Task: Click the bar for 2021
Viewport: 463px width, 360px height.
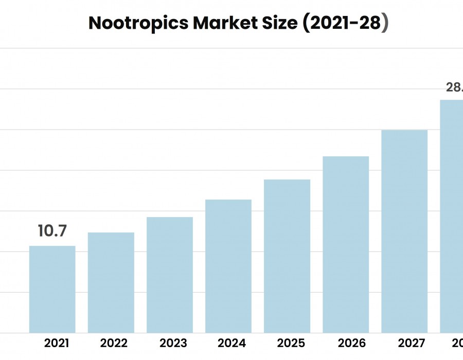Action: (x=52, y=289)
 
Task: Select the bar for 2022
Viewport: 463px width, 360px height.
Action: (x=111, y=282)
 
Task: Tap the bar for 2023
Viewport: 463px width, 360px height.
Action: (x=169, y=275)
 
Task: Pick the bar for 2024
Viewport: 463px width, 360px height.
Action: (x=228, y=266)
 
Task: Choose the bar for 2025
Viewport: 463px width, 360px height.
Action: (x=287, y=256)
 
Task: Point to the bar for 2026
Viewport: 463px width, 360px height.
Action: (x=345, y=244)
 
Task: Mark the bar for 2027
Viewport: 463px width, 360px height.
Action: (x=404, y=231)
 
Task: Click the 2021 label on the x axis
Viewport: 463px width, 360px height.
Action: (x=57, y=343)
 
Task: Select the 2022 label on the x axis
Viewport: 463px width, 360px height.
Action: (x=114, y=343)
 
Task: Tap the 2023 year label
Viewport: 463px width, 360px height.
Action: (x=173, y=343)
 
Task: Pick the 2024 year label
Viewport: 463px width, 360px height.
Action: (x=232, y=343)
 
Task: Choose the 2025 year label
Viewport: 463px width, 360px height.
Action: (x=291, y=343)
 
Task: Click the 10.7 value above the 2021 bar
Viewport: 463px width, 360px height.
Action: (x=52, y=231)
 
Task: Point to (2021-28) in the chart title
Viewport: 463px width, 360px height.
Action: (x=345, y=24)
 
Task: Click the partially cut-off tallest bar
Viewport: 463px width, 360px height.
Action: (x=452, y=216)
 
